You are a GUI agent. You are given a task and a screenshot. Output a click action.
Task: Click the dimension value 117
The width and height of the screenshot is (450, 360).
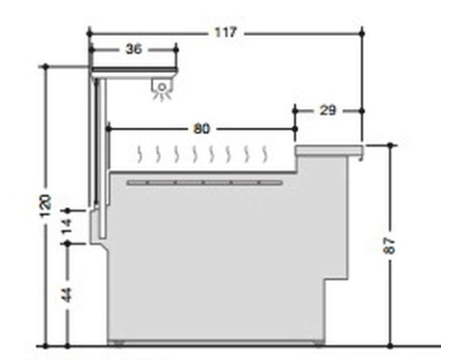point(226,32)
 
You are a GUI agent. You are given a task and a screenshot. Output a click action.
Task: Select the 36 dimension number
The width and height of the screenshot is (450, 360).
point(134,49)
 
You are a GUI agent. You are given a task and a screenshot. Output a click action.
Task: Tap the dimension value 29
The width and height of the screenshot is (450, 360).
point(328,111)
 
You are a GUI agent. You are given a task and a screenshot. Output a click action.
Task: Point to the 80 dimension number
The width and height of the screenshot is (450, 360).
point(202,129)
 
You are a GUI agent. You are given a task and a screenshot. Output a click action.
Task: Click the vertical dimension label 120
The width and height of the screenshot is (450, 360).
point(46,206)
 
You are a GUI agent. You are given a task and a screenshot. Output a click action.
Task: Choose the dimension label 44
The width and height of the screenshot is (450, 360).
point(67,295)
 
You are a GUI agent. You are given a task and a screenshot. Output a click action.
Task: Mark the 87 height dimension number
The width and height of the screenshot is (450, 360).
point(390,246)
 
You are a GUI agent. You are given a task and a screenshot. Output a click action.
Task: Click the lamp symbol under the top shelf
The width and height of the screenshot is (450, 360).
point(162,89)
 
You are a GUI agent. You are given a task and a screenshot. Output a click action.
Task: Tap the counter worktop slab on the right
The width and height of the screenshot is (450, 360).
point(329,150)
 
